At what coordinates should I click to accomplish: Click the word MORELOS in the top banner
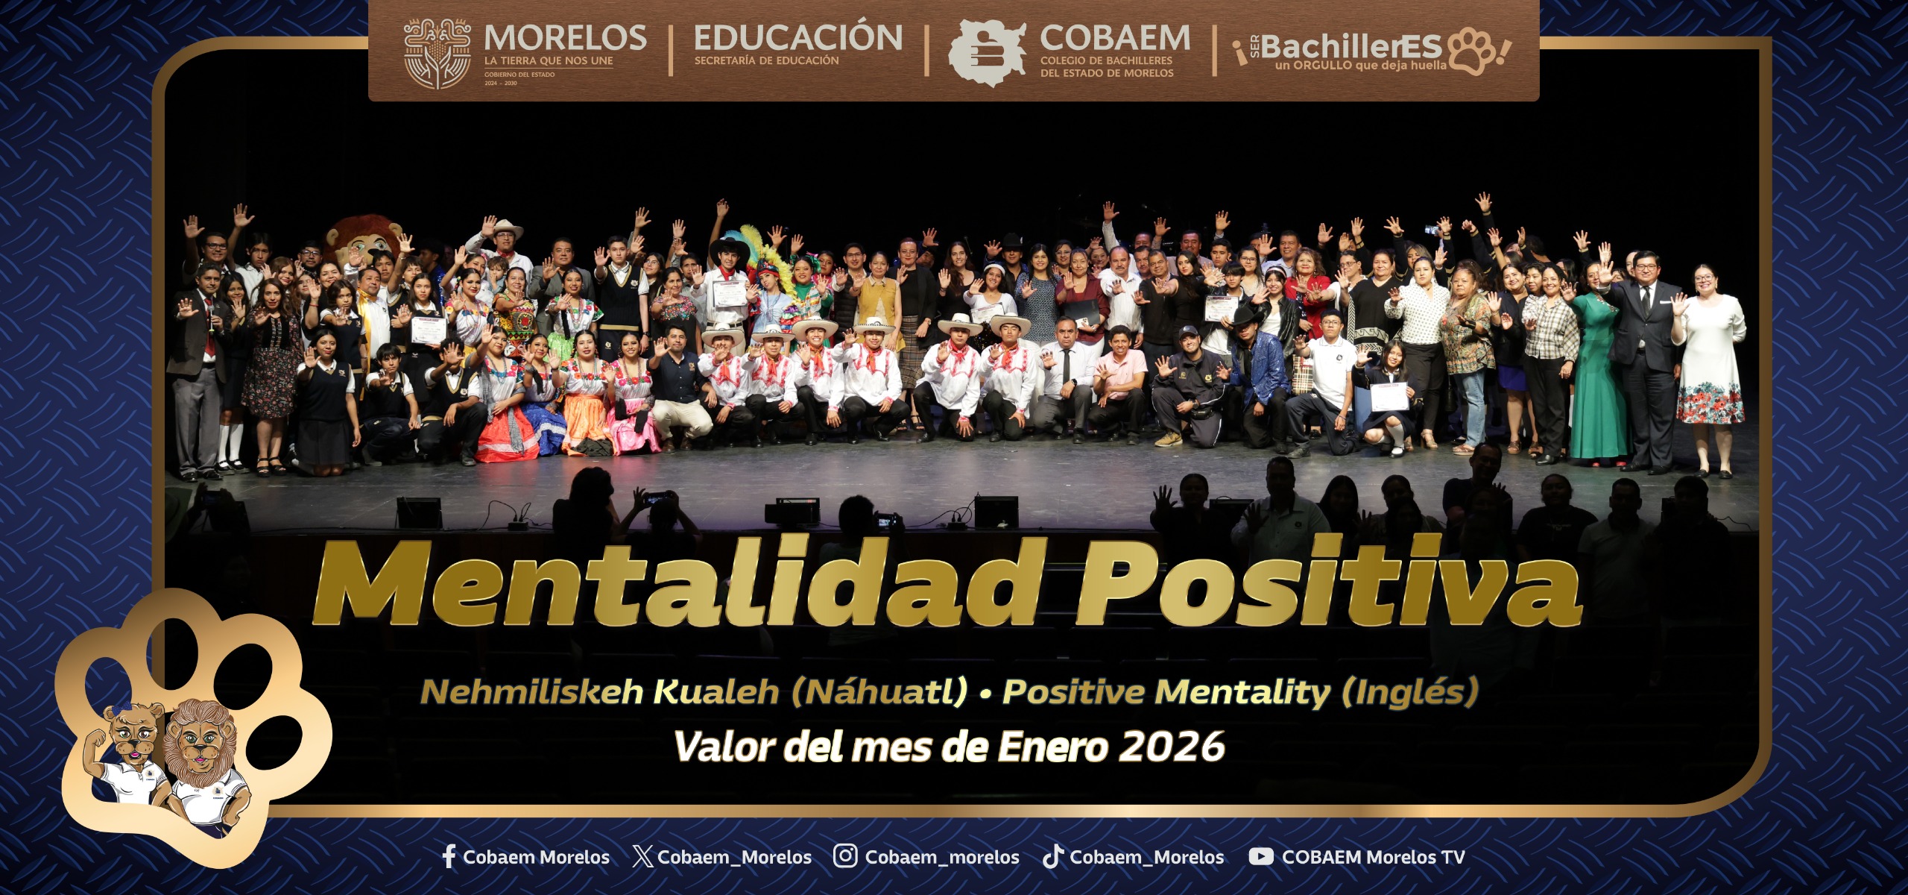(x=565, y=37)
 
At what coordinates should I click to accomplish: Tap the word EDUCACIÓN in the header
(x=797, y=37)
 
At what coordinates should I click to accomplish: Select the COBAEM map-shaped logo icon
(x=985, y=52)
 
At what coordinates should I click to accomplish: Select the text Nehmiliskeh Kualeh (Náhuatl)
(x=693, y=692)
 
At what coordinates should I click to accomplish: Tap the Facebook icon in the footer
(x=449, y=856)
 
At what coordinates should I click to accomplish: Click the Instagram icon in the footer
(x=844, y=855)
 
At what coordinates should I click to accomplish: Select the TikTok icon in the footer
(x=1052, y=856)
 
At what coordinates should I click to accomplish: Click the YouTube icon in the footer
(x=1260, y=856)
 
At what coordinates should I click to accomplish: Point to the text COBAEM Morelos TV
(x=1373, y=857)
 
